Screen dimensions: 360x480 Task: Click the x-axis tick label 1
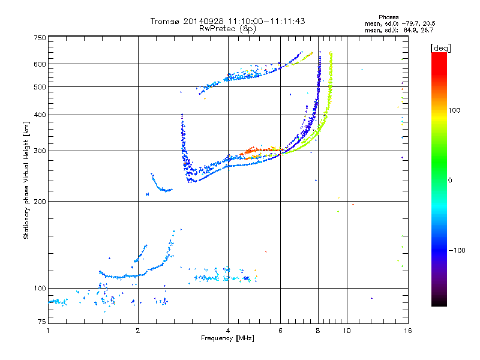[49, 331]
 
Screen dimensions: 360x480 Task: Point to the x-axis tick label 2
[138, 331]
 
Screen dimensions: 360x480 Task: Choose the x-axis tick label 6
[280, 331]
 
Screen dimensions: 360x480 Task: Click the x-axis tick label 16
[407, 331]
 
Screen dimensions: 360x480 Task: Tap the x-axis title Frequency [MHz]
[227, 338]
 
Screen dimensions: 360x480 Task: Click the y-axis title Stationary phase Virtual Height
[26, 180]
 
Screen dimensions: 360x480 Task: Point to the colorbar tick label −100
[459, 250]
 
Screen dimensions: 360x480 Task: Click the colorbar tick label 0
[449, 180]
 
